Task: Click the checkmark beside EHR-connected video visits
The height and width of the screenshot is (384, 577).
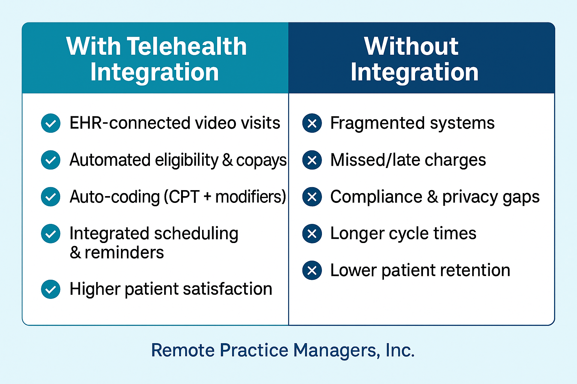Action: (51, 123)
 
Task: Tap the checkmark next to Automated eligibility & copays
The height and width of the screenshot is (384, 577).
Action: (51, 160)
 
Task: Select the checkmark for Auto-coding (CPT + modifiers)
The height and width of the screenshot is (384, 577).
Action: (51, 197)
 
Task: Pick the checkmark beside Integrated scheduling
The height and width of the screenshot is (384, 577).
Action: (51, 234)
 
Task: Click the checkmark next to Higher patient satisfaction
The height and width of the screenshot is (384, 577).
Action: (51, 289)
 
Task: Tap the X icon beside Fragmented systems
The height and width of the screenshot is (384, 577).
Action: (312, 123)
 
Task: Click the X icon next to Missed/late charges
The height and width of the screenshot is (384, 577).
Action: (312, 160)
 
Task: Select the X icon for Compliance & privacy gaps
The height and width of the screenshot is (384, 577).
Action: (312, 197)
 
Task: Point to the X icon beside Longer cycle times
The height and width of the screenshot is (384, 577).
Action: (312, 234)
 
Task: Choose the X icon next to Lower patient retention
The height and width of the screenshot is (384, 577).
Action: (312, 270)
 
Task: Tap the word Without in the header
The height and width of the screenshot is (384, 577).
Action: (411, 46)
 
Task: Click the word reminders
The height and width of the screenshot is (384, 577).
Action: (124, 253)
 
